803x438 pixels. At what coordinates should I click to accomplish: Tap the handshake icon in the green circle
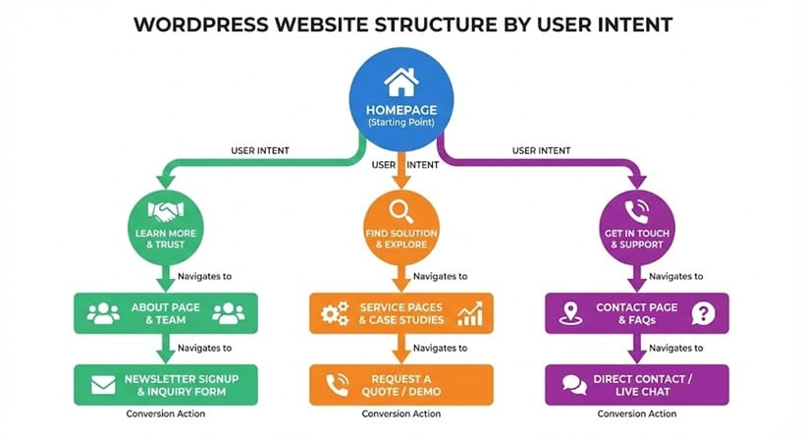point(166,209)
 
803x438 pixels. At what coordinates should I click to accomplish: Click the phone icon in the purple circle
point(637,209)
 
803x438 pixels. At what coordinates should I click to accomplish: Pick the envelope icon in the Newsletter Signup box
point(103,385)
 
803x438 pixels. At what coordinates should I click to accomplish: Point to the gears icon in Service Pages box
point(336,313)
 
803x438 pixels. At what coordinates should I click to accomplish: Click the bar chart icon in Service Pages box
point(470,313)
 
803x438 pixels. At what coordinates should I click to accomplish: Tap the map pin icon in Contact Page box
point(568,313)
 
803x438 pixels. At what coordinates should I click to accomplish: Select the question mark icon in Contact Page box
point(703,313)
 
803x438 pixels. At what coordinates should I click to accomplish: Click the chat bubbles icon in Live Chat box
point(574,385)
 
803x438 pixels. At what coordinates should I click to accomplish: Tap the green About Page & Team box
point(166,313)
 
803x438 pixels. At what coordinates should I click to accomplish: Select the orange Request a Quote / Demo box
point(401,385)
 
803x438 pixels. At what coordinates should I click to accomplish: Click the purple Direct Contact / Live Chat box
point(637,385)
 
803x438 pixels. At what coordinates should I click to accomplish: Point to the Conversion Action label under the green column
point(166,413)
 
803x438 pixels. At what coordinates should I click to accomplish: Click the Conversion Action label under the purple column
point(637,413)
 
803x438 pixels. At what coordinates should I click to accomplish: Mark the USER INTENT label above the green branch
point(259,150)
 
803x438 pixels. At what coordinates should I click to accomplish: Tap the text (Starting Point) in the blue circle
point(401,123)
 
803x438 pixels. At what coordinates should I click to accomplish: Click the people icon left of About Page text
point(103,313)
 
